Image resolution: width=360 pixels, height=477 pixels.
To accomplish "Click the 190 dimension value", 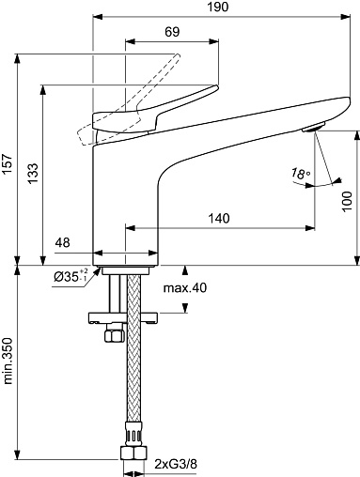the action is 218,7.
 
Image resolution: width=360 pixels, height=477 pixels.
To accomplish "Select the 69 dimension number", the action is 172,32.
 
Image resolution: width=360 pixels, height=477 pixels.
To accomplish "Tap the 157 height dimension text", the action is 7,164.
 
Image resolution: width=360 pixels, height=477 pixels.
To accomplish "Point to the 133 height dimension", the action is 32,174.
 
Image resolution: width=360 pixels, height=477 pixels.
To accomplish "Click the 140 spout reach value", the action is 219,218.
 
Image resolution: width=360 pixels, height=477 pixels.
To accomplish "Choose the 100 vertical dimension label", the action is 347,202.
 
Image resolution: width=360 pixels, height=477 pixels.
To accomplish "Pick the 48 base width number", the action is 63,242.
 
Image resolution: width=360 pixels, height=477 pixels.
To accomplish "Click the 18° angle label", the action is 300,174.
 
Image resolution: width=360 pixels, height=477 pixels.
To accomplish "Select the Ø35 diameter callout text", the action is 70,276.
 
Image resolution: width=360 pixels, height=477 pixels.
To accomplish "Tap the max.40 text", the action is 185,287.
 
